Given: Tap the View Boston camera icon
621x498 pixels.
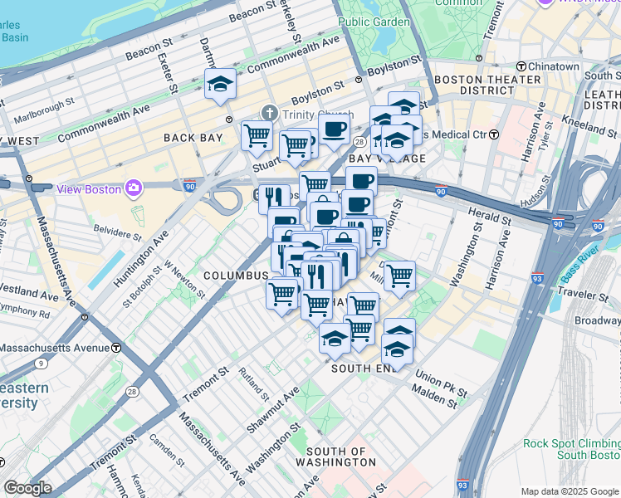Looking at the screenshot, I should tap(133, 188).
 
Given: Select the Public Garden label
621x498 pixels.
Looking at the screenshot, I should tap(374, 22).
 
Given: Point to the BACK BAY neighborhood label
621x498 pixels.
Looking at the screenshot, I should tap(193, 138).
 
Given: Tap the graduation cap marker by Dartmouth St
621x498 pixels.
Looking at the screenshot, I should tap(220, 83).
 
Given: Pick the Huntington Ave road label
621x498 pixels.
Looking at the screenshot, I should tap(121, 255).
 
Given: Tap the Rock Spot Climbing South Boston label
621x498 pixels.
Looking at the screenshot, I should tap(571, 449).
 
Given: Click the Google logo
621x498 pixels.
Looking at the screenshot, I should tap(27, 488).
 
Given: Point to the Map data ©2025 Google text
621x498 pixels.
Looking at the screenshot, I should tap(569, 491).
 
